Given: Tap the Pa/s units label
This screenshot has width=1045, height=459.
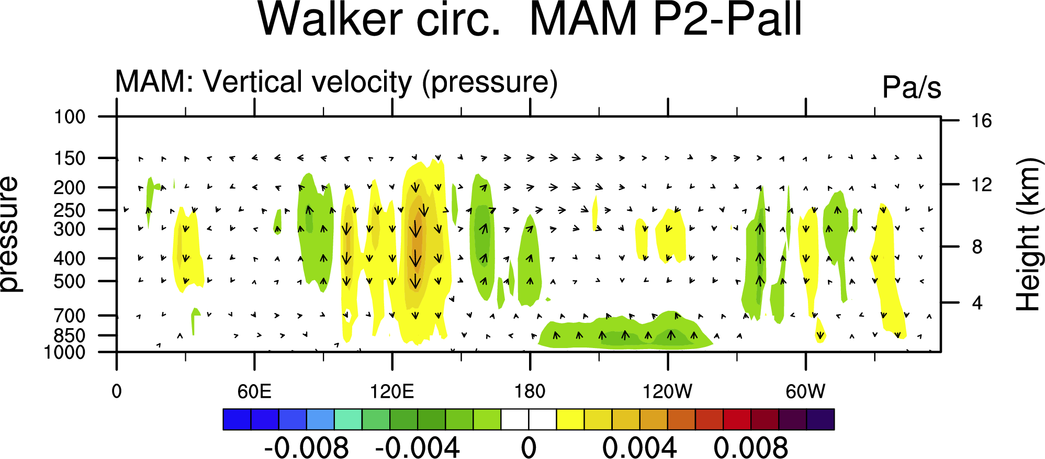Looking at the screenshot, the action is [912, 87].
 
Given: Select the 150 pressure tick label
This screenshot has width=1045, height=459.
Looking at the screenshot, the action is [70, 158].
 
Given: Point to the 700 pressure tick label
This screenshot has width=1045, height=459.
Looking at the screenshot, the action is [70, 316].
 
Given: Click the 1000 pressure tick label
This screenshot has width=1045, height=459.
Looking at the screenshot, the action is [65, 352].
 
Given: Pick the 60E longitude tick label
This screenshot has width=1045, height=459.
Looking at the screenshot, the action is [254, 391].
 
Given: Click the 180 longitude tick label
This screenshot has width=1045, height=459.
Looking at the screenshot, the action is [530, 391].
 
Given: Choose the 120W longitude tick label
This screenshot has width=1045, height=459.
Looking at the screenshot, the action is [667, 391].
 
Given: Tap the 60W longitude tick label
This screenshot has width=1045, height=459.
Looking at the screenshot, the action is [805, 391].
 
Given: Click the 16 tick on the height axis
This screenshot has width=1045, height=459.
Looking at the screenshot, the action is [982, 121].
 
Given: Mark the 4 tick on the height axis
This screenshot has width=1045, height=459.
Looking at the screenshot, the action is [977, 303].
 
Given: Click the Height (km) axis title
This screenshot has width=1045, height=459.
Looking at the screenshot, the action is [1027, 234].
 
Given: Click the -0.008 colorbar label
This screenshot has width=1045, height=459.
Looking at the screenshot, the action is [306, 448].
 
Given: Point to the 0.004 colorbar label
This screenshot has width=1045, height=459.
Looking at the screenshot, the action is [639, 448].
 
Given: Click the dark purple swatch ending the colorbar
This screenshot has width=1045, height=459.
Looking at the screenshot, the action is [821, 419].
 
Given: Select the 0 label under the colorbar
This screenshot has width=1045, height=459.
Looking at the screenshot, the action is [529, 448].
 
